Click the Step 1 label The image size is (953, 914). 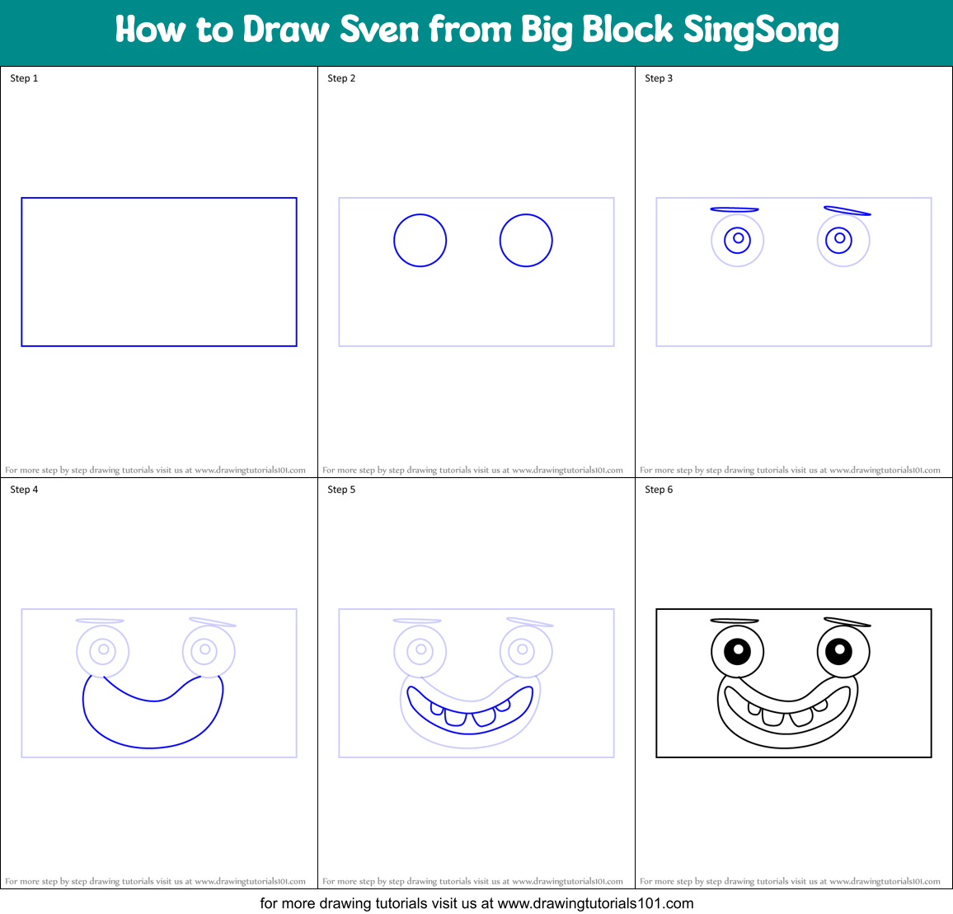pos(24,78)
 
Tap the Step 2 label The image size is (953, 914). pos(341,78)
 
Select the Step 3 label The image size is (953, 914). pos(659,78)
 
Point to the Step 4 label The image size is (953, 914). pos(24,490)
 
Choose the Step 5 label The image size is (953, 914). pos(341,490)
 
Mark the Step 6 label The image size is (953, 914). pos(659,490)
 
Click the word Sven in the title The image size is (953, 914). pos(380,30)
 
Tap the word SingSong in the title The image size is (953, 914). pos(760,31)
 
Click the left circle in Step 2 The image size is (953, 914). pos(420,241)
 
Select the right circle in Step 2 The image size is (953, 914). pos(526,241)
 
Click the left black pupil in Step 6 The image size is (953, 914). pos(737,650)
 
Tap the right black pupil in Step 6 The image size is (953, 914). pos(839,650)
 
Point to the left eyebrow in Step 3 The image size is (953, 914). pos(734,209)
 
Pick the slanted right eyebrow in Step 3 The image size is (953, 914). pos(847,211)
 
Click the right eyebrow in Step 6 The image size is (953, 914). pos(847,622)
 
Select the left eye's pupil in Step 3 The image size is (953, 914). pos(738,239)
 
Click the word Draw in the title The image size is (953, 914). pos(285,30)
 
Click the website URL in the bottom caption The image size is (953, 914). pos(595,903)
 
